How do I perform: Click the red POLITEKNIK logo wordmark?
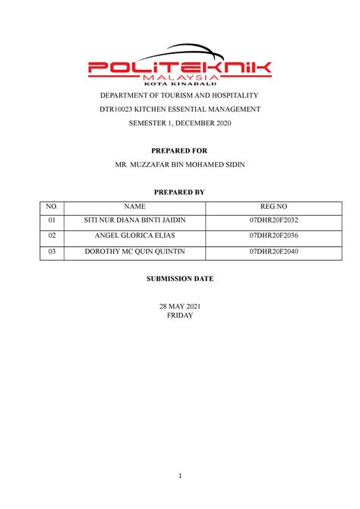click(179, 68)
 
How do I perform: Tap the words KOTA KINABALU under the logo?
click(179, 84)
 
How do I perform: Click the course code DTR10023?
click(117, 109)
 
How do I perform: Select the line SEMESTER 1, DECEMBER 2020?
click(180, 124)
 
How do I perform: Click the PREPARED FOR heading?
click(180, 151)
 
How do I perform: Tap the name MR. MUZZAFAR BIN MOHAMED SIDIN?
click(180, 165)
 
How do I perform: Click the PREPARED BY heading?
click(180, 192)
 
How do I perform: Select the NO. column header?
click(52, 206)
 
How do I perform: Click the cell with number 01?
click(52, 220)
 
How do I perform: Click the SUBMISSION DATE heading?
click(180, 279)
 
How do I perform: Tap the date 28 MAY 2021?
click(180, 306)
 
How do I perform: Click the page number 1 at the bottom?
click(180, 476)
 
